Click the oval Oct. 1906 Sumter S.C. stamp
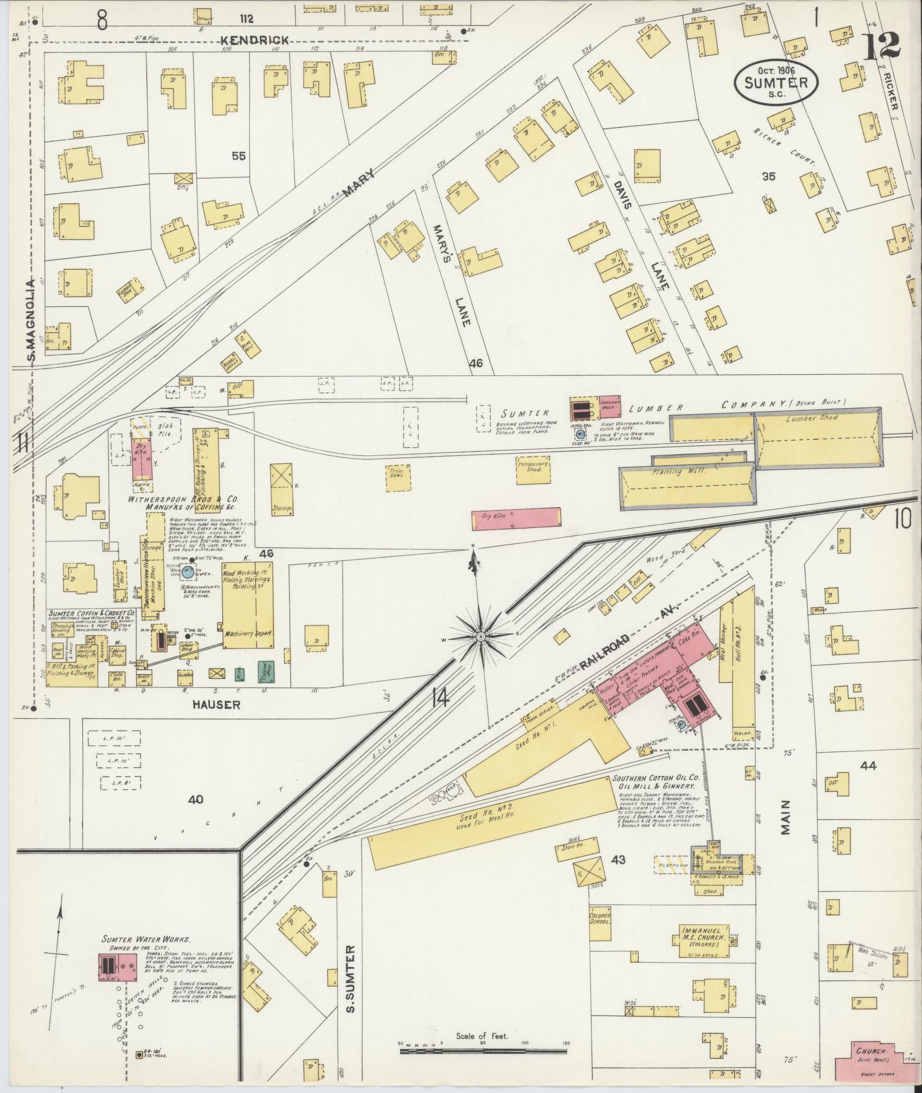(776, 82)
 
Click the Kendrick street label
(255, 40)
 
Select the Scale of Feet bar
(483, 1050)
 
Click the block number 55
(238, 155)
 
